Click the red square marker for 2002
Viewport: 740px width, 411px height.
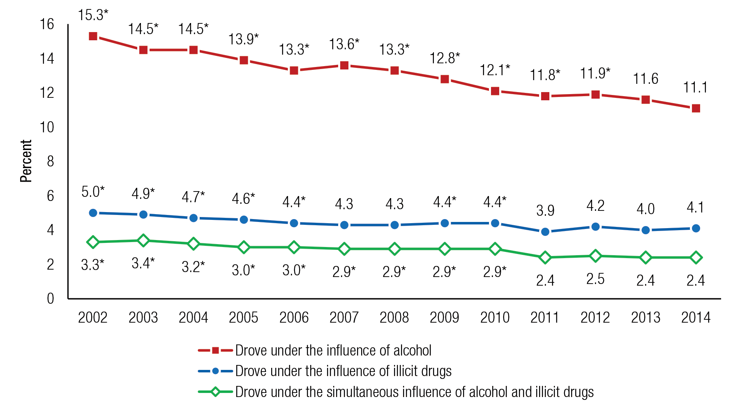point(93,37)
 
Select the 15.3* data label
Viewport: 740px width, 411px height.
point(93,15)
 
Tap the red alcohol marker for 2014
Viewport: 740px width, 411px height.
point(696,109)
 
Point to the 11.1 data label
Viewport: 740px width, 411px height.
point(695,88)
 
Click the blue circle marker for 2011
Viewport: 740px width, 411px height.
point(545,232)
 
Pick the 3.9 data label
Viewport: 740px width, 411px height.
point(545,210)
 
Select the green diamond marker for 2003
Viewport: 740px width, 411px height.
point(143,240)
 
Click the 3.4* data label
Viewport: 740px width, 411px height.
point(143,263)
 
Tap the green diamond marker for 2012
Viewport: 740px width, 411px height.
point(595,256)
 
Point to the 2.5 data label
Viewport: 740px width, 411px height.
point(595,279)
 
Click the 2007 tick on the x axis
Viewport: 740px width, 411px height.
point(344,318)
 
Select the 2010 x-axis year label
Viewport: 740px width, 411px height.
point(495,318)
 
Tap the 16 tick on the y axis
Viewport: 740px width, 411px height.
point(47,24)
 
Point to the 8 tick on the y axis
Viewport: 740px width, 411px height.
point(50,162)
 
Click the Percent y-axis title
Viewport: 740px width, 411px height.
point(26,161)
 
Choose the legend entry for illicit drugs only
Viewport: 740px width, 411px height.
point(343,371)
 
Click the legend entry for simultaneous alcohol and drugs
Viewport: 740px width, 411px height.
point(414,392)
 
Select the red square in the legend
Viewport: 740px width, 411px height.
point(215,351)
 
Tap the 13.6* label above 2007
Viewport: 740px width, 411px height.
point(344,44)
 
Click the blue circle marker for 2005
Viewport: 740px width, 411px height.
point(244,220)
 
